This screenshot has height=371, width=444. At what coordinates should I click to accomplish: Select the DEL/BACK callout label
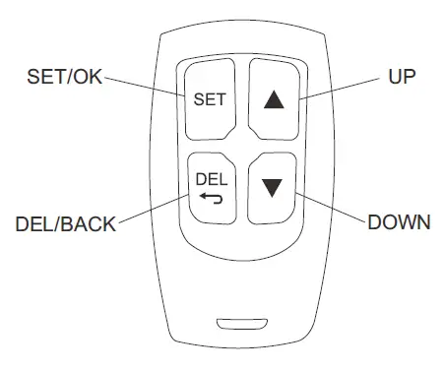(x=66, y=223)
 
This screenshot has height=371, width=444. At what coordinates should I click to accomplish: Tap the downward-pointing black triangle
(x=272, y=187)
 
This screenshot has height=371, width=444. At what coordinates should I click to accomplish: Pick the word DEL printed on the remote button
(x=211, y=178)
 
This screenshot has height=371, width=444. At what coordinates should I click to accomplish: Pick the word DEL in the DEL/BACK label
(x=35, y=223)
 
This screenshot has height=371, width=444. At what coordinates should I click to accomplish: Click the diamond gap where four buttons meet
(x=240, y=143)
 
